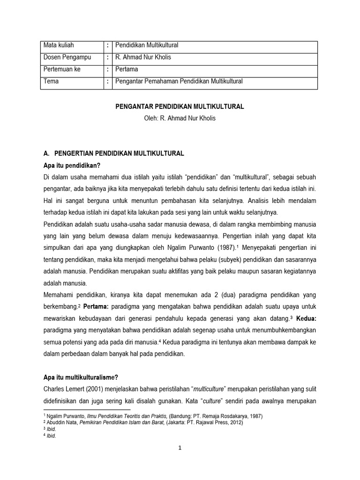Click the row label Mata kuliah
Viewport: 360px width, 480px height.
click(x=59, y=45)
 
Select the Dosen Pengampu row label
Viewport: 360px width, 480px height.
click(x=67, y=57)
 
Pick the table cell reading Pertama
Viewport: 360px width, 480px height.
click(x=128, y=69)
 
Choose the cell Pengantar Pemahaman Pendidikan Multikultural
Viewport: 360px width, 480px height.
click(x=179, y=81)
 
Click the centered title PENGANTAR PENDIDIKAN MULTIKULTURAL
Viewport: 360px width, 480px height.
click(x=180, y=107)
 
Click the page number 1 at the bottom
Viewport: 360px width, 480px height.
click(x=180, y=448)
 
